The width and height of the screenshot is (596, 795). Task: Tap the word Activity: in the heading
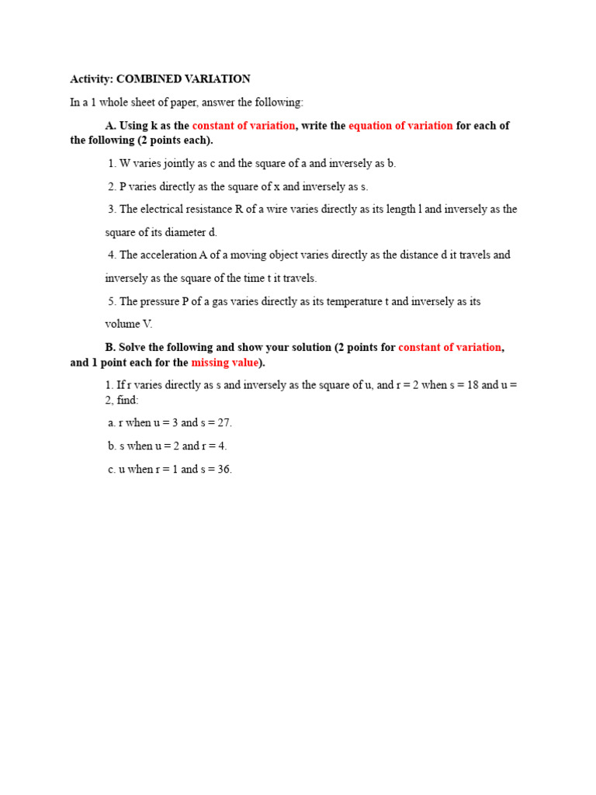[92, 79]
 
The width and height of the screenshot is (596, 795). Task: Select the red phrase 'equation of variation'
[400, 126]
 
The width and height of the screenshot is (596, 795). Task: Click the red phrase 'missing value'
[224, 363]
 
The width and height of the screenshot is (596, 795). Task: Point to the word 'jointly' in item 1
[169, 164]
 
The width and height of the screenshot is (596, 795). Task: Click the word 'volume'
[123, 324]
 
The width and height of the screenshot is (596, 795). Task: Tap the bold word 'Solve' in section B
[133, 347]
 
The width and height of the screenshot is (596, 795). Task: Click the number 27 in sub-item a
[224, 423]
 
